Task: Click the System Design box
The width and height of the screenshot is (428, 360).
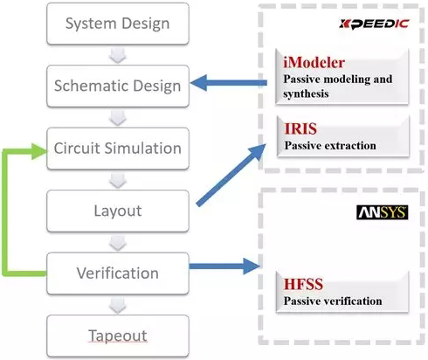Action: tap(118, 24)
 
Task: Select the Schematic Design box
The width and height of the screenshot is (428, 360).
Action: tap(118, 86)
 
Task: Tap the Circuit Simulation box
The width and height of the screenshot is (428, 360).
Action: tap(118, 149)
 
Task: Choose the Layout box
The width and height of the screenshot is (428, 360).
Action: tap(118, 211)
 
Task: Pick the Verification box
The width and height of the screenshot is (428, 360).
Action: tap(118, 273)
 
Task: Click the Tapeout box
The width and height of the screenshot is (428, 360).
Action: tap(118, 336)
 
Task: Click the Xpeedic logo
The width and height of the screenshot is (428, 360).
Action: tap(374, 24)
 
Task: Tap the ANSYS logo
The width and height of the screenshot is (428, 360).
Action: tap(383, 212)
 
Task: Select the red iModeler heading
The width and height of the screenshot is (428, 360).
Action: tap(314, 63)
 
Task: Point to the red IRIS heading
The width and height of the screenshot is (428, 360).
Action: tap(300, 128)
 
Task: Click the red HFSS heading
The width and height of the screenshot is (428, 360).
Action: tap(303, 284)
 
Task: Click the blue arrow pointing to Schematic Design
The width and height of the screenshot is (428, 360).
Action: tap(229, 83)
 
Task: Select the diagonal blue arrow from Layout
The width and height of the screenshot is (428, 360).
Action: tap(231, 175)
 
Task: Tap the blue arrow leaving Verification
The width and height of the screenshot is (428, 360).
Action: tap(224, 266)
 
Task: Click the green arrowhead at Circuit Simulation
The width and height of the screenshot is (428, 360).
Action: tap(39, 151)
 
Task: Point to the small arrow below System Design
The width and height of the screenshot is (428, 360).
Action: tap(118, 55)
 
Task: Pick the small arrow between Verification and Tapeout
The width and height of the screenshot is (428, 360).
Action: tap(118, 305)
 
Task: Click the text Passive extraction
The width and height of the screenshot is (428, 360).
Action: tap(330, 145)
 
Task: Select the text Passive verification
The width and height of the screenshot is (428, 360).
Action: tap(333, 301)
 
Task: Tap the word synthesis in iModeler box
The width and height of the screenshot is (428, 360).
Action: tap(306, 93)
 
